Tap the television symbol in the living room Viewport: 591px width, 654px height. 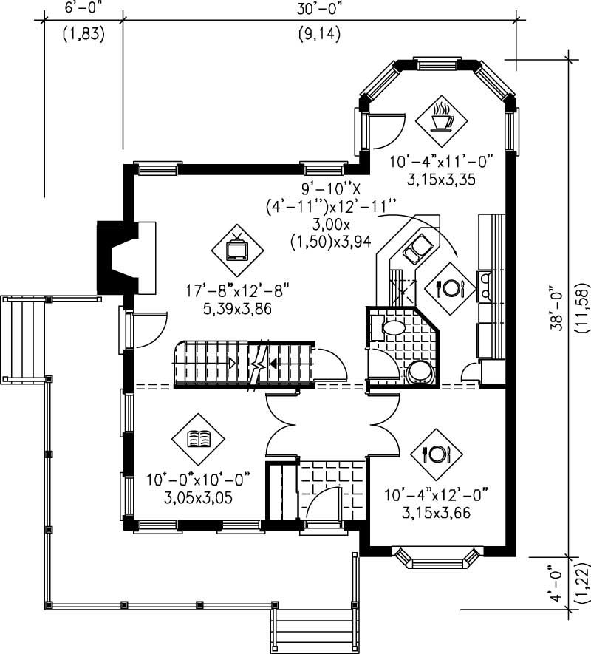(x=238, y=248)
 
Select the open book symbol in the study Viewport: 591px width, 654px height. (x=198, y=439)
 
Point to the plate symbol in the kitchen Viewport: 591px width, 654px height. (x=449, y=288)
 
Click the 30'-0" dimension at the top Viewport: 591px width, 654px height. (x=319, y=8)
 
